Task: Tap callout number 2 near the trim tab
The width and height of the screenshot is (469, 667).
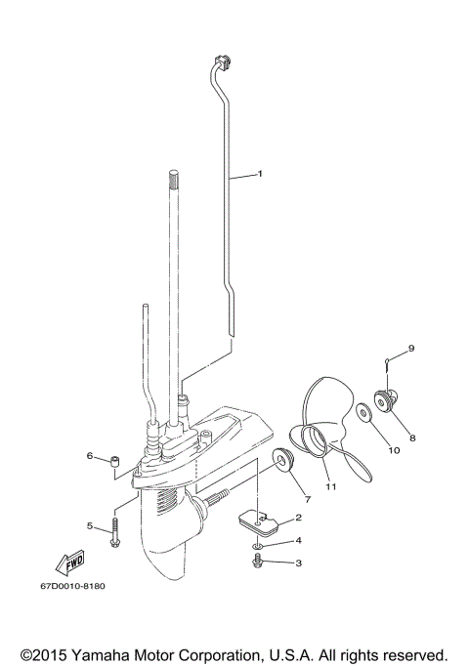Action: click(x=298, y=518)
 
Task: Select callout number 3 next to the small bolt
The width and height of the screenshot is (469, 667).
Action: click(x=298, y=563)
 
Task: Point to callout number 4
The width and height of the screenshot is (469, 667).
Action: click(x=298, y=540)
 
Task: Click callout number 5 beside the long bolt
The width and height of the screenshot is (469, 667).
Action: click(x=89, y=526)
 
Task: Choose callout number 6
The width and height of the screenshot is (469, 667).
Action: click(x=89, y=456)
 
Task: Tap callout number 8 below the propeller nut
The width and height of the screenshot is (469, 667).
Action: click(x=411, y=438)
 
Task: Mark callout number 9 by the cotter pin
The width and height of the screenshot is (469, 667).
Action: click(x=411, y=349)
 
